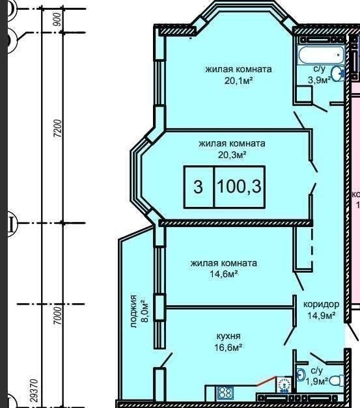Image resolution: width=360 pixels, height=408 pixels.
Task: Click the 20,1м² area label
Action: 239,81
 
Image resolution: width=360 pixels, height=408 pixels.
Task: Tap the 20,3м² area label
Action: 232,155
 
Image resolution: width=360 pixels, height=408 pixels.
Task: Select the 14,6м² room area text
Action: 224,274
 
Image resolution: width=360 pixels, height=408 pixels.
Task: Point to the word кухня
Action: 228,336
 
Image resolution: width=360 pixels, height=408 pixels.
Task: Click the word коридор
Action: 321,304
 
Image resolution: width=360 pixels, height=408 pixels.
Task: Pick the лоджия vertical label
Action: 133,311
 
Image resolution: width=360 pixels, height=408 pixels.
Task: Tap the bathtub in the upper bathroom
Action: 321,55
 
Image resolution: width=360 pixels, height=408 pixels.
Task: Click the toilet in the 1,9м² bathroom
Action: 337,381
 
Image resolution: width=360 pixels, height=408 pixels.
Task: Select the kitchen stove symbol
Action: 224,393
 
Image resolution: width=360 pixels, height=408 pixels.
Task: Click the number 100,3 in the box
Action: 239,186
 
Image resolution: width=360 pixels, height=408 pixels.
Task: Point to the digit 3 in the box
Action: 198,187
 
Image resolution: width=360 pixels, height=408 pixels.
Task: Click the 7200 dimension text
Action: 58,129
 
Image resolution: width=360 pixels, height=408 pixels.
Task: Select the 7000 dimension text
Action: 58,315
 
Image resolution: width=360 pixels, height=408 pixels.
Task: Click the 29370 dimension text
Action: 34,391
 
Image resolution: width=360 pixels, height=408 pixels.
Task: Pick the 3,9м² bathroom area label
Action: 320,80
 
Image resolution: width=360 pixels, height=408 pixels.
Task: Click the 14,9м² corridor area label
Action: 321,316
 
